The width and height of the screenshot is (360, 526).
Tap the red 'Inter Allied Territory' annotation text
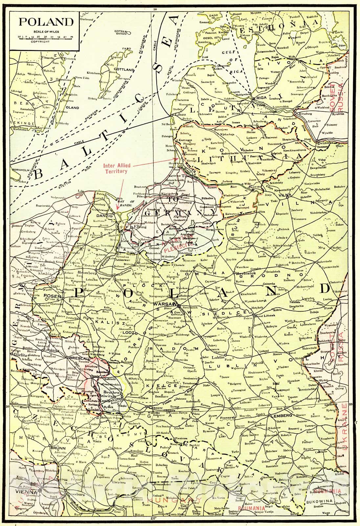[115, 169]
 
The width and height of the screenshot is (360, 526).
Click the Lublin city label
[218, 357]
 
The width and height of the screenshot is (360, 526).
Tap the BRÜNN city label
[59, 447]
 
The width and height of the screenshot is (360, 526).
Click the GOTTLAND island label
[124, 70]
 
